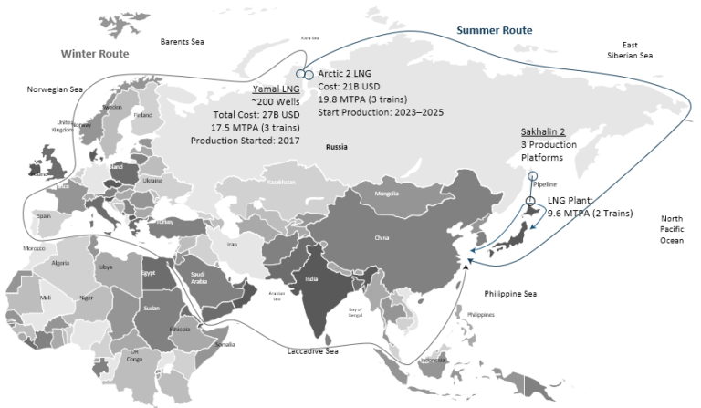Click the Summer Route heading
pyautogui.click(x=494, y=30)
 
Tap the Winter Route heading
pyautogui.click(x=94, y=54)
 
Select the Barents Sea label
pyautogui.click(x=183, y=42)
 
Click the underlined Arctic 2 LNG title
pyautogui.click(x=346, y=73)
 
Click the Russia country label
pyautogui.click(x=339, y=146)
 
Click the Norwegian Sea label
pyautogui.click(x=55, y=89)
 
